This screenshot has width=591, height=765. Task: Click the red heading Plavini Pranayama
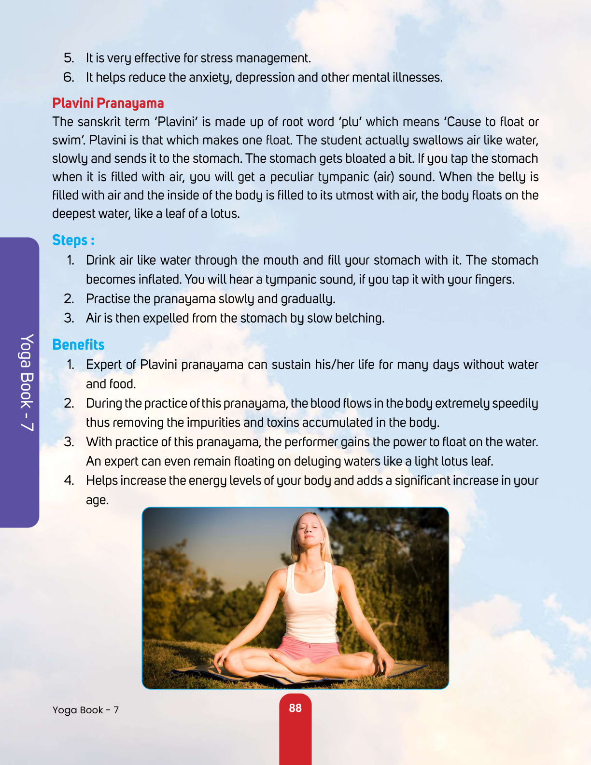[108, 103]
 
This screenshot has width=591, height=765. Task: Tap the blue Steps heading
[73, 240]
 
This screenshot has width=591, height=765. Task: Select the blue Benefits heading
[78, 344]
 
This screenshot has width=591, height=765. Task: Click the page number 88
[295, 708]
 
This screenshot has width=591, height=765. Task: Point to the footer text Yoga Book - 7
[85, 710]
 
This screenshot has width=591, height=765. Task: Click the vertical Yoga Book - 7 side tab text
[27, 382]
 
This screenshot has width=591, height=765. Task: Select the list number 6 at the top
[69, 77]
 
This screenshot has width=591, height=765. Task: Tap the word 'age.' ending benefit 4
[97, 500]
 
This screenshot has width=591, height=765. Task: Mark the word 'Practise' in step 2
[108, 299]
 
